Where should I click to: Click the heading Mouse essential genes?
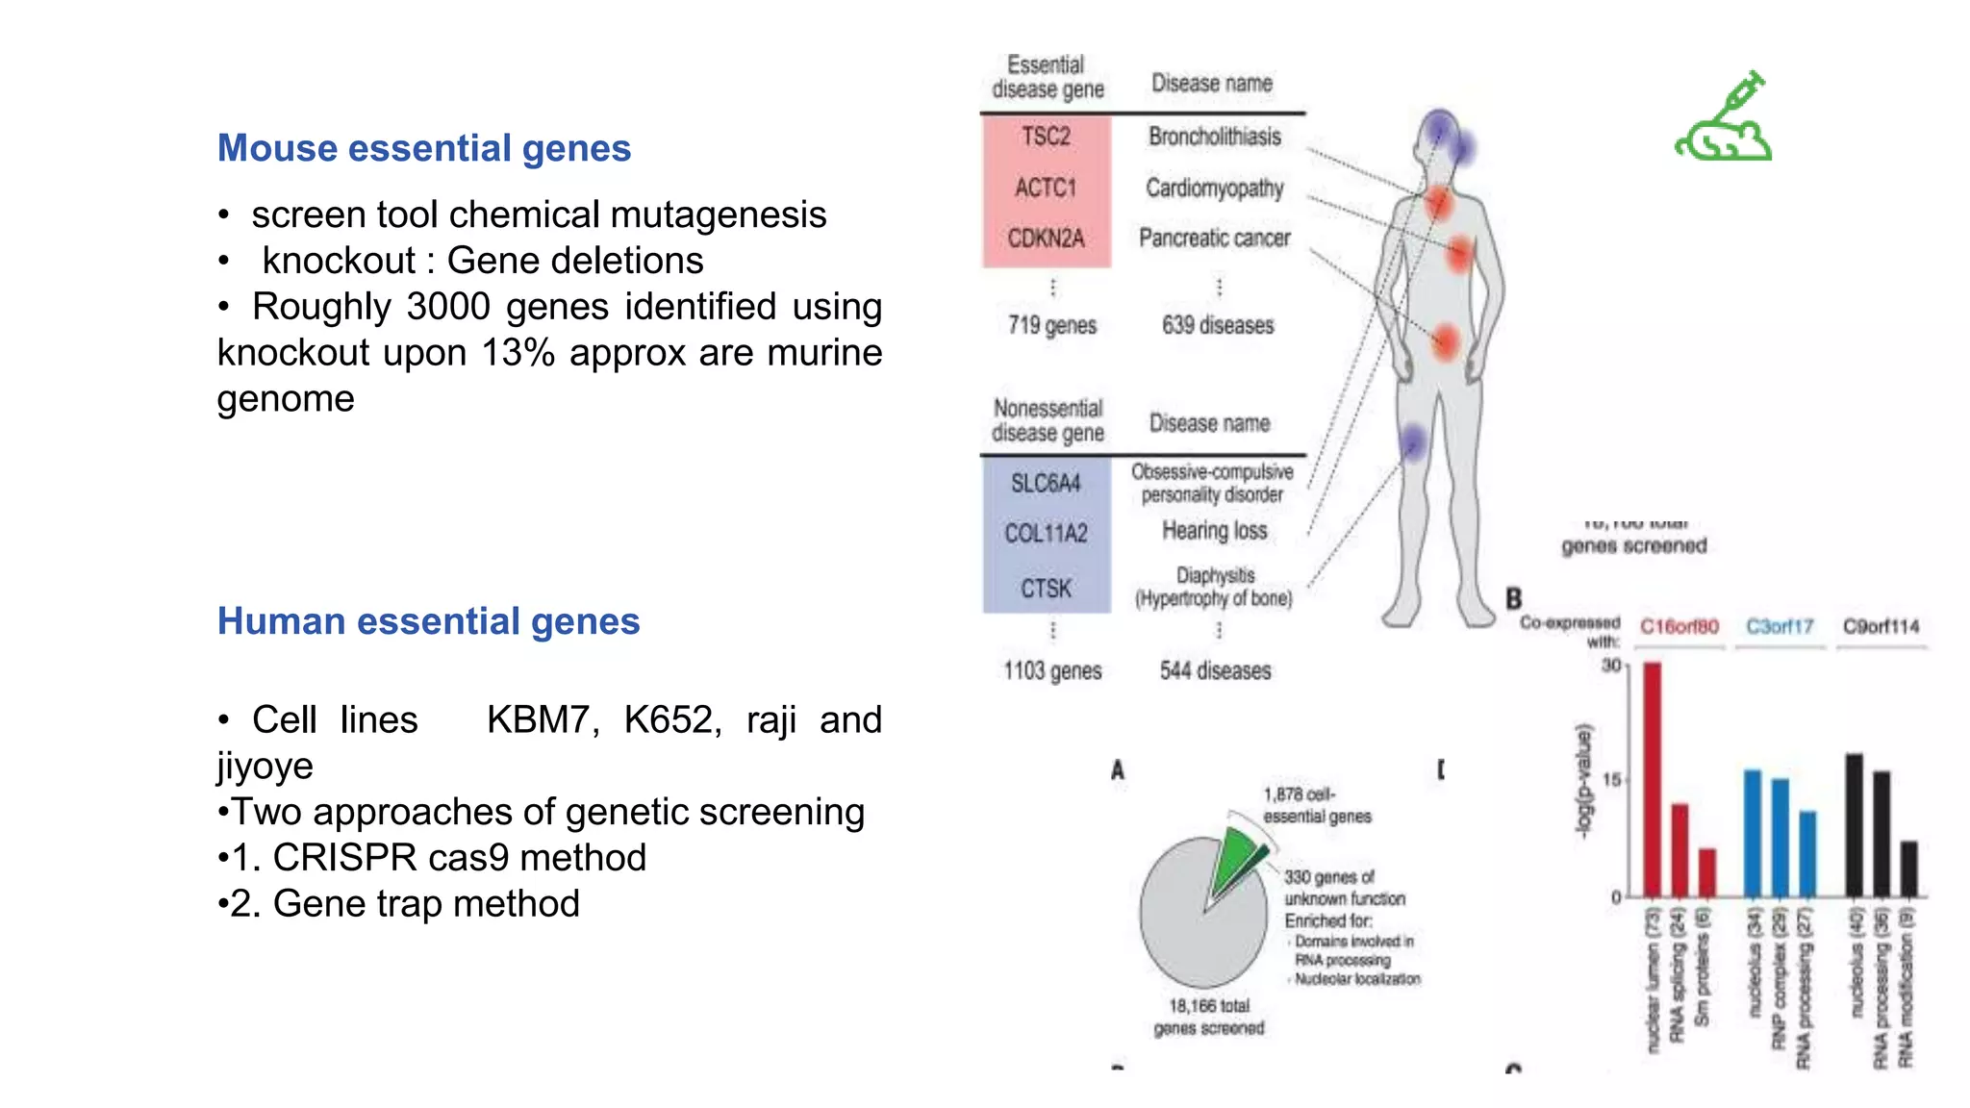424,148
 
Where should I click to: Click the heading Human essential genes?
428,621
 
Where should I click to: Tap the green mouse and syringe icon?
1724,117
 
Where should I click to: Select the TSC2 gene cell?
1046,137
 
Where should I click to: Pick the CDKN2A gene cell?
1046,238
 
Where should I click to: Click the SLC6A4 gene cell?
1046,483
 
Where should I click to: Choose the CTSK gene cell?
1046,588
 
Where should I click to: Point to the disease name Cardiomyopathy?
1214,188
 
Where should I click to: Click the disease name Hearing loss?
1214,531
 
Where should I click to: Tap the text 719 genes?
1052,325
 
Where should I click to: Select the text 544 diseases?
1215,670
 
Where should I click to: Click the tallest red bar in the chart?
1652,779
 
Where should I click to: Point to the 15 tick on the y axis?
1611,780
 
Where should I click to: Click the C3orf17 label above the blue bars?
1780,627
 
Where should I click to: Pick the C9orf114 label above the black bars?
1881,627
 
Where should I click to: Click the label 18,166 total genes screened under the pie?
1209,1017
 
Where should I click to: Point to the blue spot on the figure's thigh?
1412,442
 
